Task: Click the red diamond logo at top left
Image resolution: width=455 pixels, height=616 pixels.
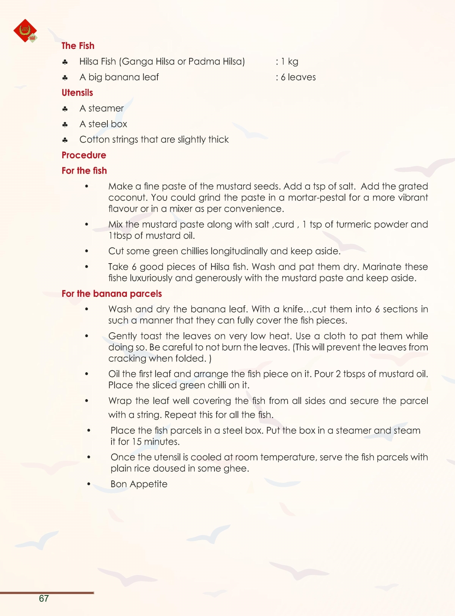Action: (x=25, y=31)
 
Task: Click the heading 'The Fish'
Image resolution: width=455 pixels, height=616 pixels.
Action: (x=78, y=46)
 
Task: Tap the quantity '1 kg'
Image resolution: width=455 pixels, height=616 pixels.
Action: (x=289, y=62)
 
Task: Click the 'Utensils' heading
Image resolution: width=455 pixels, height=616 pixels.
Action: (x=77, y=93)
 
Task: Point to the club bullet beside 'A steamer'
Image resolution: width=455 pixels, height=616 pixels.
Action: (x=65, y=109)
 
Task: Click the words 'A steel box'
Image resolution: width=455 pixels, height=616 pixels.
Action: (x=103, y=124)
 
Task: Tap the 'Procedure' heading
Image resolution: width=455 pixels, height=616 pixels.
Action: (x=84, y=155)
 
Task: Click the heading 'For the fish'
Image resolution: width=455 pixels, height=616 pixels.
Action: (x=84, y=171)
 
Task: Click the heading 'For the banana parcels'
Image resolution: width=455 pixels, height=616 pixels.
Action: (x=112, y=294)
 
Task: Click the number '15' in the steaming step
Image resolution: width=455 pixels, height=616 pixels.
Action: (x=136, y=442)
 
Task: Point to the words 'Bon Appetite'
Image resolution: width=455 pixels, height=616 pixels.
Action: (x=139, y=484)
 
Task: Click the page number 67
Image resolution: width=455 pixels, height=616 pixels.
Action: (x=44, y=598)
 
